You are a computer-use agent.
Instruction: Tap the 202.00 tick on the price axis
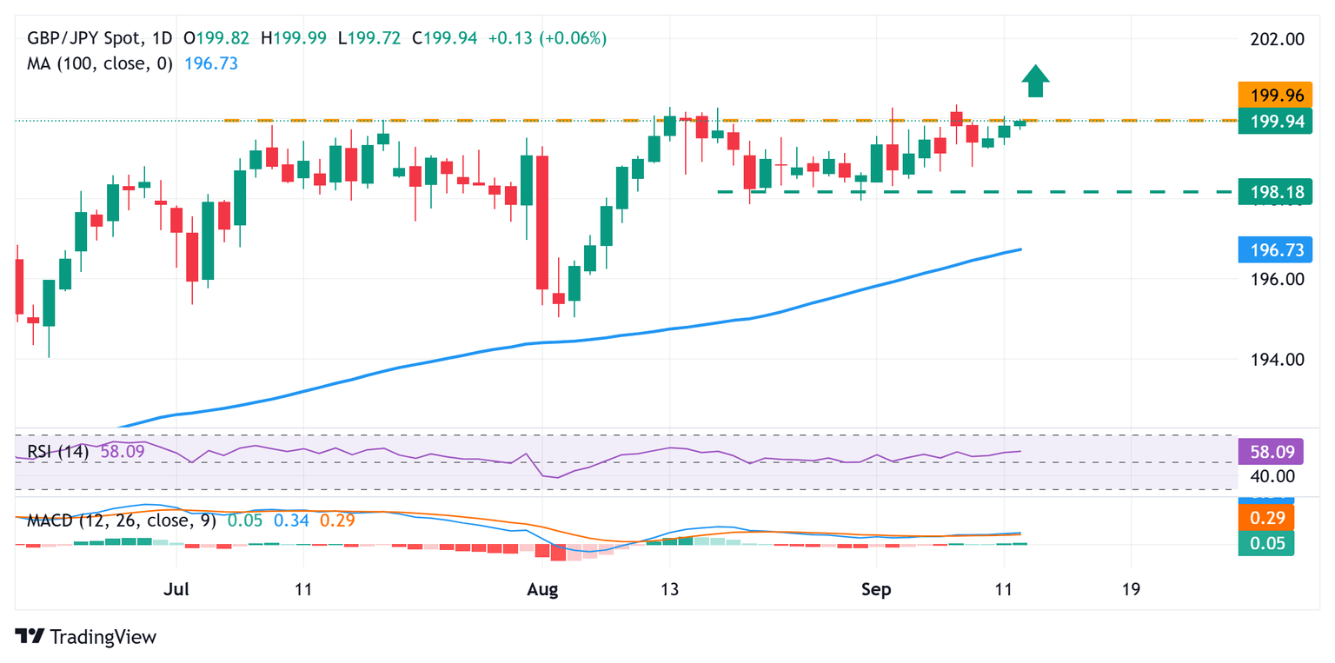pyautogui.click(x=1270, y=39)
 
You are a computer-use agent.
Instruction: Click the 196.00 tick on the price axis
pyautogui.click(x=1270, y=280)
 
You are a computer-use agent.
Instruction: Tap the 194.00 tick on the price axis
pyautogui.click(x=1270, y=360)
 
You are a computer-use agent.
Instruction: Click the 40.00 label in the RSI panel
pyautogui.click(x=1270, y=476)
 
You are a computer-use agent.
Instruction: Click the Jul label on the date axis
pyautogui.click(x=176, y=588)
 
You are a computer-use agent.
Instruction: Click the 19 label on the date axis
pyautogui.click(x=1131, y=588)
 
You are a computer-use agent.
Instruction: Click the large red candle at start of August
pyautogui.click(x=542, y=222)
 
